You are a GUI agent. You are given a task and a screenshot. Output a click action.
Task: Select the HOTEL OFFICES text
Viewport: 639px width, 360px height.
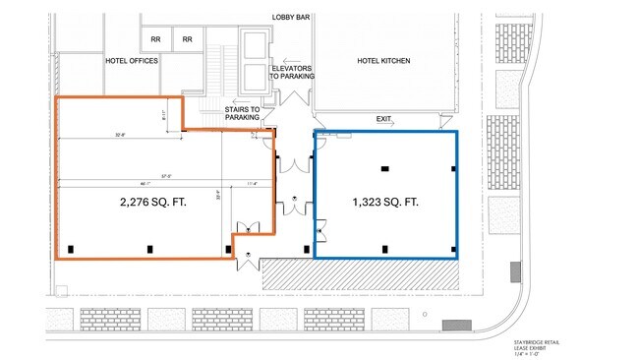click(132, 60)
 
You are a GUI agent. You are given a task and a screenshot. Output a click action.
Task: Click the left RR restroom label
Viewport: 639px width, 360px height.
click(155, 39)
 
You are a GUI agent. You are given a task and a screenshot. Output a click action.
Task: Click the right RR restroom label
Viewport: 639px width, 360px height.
click(187, 39)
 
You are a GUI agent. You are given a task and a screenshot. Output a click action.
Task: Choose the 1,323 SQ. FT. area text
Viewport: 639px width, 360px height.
click(385, 203)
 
